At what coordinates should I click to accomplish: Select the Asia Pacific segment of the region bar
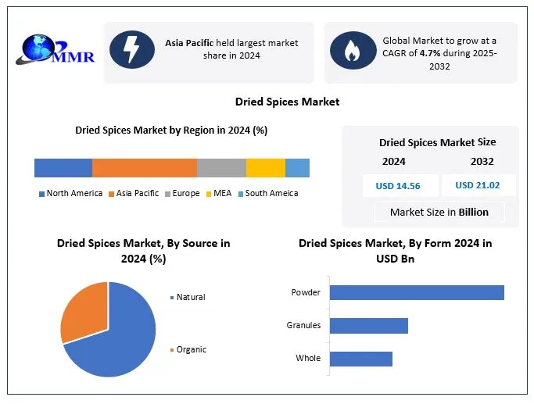click(145, 168)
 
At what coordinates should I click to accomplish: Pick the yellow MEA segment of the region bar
click(266, 168)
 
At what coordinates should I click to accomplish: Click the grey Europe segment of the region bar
click(221, 168)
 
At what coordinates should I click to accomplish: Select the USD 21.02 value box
click(477, 185)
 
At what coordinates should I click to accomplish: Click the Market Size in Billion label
click(439, 212)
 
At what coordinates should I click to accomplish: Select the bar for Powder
click(416, 292)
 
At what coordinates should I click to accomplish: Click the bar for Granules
click(368, 326)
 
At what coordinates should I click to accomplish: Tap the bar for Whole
click(360, 359)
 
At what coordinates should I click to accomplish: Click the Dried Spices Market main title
click(287, 102)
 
